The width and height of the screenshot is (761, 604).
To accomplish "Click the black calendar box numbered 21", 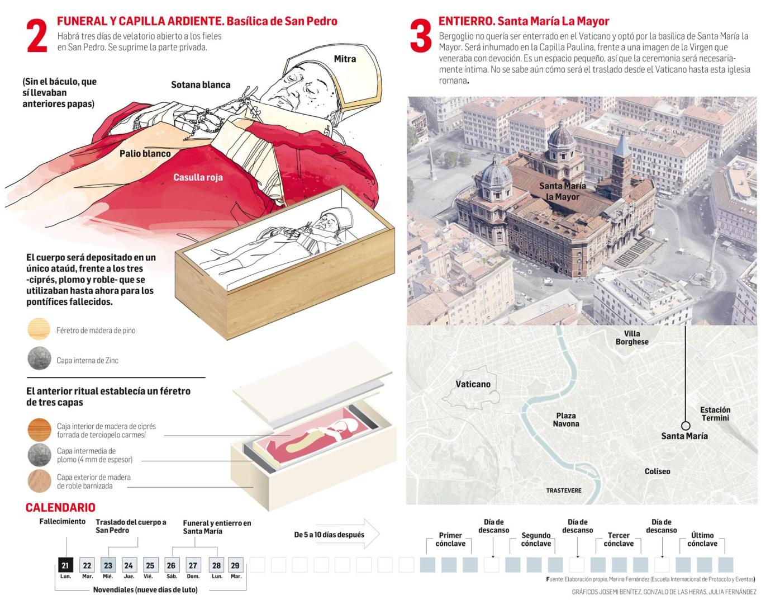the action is (x=66, y=565).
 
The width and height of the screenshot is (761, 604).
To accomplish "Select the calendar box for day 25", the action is (x=150, y=565).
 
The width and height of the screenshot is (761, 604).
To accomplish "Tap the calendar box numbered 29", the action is (x=235, y=565).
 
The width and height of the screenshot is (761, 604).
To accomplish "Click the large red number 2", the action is (x=37, y=36).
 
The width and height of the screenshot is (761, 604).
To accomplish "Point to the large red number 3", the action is (x=421, y=36).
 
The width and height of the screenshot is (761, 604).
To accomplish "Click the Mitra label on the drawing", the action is (x=345, y=59).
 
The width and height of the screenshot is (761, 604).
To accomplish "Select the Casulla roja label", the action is (x=198, y=177).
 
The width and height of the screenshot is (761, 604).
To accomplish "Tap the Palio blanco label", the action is (x=145, y=153).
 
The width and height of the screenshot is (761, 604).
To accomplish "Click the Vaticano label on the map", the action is (x=473, y=384).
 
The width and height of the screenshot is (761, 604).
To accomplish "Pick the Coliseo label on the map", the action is (x=657, y=471).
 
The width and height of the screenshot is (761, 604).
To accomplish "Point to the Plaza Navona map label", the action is (x=566, y=419).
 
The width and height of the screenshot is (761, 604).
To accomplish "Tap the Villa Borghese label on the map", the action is (x=632, y=338).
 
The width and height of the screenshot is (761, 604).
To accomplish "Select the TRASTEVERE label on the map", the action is (x=564, y=490).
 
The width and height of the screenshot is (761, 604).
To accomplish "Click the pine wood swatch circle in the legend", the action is (x=39, y=329).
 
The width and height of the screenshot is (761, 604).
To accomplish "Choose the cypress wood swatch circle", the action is (x=39, y=430).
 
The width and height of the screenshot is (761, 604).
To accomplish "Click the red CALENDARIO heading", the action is (x=60, y=507).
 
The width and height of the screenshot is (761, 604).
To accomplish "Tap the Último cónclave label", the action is (x=702, y=539).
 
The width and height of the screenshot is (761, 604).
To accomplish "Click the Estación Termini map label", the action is (x=715, y=413).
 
